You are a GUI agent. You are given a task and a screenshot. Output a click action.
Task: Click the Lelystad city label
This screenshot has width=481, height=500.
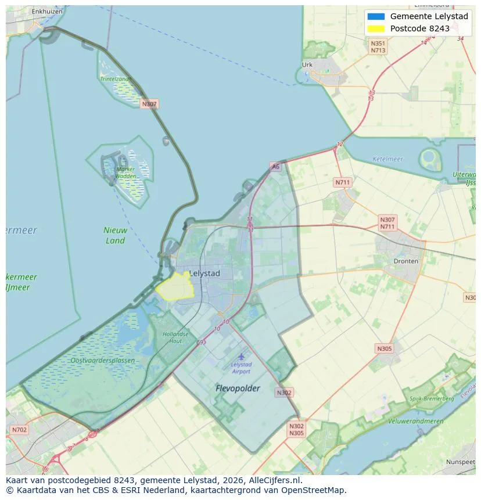click(204, 273)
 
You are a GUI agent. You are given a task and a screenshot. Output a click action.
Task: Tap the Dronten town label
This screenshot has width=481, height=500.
click(405, 261)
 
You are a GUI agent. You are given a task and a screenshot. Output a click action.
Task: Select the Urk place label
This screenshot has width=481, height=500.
click(307, 65)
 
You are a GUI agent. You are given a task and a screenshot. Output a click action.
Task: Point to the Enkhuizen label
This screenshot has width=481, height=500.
click(47, 11)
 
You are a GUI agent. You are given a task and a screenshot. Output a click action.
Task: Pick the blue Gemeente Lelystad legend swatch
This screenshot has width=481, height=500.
click(376, 16)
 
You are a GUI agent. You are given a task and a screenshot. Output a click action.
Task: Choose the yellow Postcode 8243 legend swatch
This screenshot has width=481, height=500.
click(376, 29)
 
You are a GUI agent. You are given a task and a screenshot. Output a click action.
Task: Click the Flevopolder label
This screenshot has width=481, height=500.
click(238, 388)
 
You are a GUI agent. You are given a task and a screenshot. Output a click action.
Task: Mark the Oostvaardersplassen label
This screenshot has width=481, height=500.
click(103, 361)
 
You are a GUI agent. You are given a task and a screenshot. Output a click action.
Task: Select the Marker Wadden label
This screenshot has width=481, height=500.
click(125, 172)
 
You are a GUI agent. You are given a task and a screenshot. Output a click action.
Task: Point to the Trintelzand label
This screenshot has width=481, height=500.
click(114, 79)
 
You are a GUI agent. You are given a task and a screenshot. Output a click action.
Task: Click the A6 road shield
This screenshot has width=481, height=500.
click(275, 167)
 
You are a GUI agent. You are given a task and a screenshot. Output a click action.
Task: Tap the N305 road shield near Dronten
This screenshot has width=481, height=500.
click(384, 348)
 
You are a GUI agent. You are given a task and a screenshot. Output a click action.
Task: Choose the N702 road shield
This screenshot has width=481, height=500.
click(19, 430)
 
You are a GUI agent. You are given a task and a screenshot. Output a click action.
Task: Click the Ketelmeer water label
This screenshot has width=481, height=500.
click(388, 159)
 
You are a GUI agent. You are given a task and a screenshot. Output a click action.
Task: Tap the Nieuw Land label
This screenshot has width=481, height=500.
click(115, 235)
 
